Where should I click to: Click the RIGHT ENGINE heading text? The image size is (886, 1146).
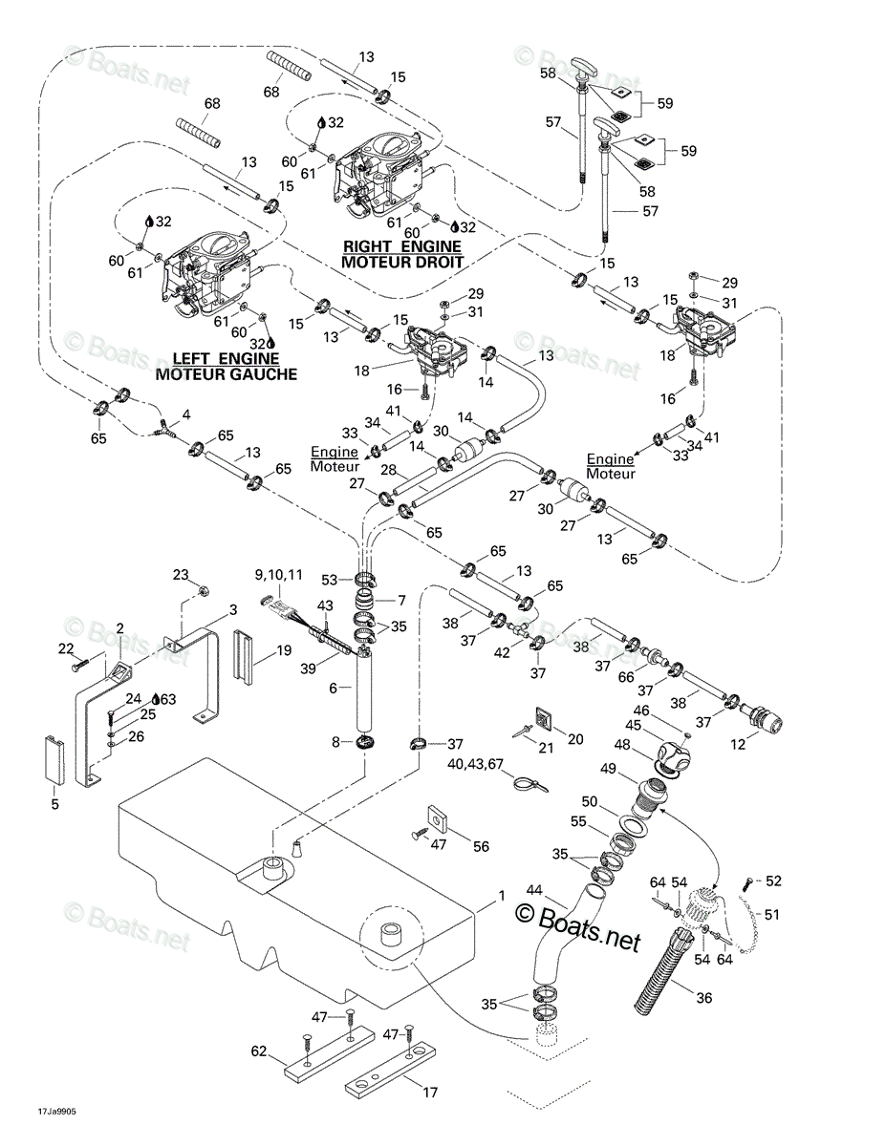point(402,246)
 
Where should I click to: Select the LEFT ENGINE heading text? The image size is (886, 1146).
point(226,359)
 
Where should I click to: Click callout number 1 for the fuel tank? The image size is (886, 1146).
point(502,896)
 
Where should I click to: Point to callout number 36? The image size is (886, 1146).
point(704,998)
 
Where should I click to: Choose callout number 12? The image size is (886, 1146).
point(738,744)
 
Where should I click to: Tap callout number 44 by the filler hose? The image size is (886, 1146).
point(534,890)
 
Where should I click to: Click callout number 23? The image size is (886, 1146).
point(181,574)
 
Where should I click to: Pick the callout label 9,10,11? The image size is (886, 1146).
point(279,574)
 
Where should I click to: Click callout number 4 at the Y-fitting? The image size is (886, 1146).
point(186,415)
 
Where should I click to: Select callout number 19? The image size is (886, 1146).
point(284,650)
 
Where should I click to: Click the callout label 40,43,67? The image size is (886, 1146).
point(476,763)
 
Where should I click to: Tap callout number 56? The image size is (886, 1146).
point(481,846)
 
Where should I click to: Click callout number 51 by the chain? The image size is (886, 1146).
point(771,914)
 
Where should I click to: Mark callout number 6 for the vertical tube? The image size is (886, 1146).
point(333,688)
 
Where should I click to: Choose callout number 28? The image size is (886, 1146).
point(388,469)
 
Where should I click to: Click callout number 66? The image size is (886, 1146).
point(626,677)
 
